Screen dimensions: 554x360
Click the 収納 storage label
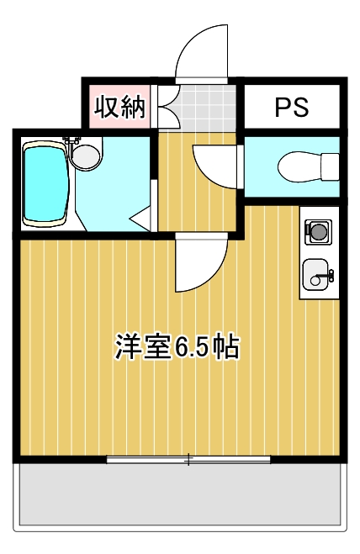(119, 107)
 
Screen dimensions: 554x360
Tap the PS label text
(292, 107)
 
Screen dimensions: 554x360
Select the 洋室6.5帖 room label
(177, 347)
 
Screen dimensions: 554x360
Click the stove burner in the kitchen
(318, 229)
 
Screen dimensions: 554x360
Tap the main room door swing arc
(199, 264)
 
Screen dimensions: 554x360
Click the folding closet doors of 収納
(166, 107)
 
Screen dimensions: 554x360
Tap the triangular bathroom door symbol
(140, 220)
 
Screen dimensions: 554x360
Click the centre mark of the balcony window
(189, 459)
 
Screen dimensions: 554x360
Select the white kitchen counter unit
(318, 252)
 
